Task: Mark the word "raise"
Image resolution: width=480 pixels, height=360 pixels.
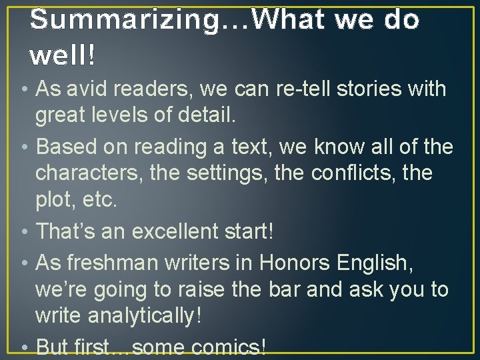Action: (x=231, y=290)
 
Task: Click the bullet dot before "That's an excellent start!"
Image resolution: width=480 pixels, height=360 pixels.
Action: (x=24, y=232)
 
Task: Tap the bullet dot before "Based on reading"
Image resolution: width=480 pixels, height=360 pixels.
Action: (x=24, y=146)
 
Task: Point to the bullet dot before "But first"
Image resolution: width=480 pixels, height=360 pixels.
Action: (x=24, y=347)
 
